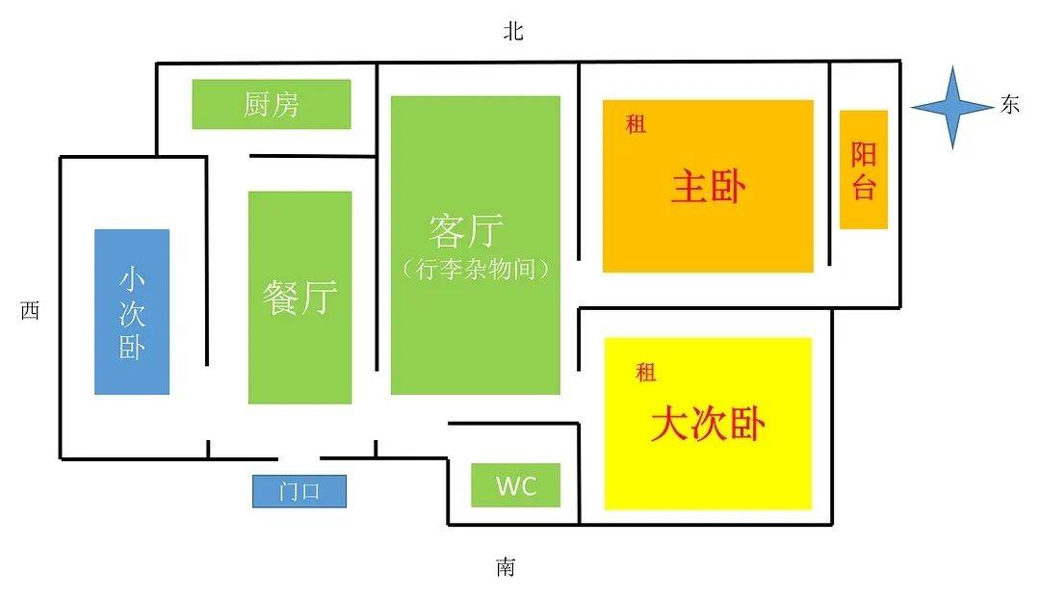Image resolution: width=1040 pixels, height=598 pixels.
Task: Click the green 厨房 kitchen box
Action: (271, 104)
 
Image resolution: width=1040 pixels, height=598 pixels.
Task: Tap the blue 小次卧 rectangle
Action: (132, 311)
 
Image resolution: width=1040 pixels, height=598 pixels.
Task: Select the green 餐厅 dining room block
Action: (299, 297)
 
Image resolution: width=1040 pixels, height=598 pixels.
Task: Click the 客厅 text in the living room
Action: (467, 231)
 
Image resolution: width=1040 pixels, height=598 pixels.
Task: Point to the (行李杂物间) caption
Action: (476, 269)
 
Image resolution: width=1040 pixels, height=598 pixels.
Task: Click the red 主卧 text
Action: (708, 187)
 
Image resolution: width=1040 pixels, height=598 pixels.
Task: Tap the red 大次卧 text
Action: (708, 424)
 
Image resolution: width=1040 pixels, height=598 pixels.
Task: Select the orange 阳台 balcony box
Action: (863, 169)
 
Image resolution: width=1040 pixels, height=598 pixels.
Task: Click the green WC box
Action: (515, 485)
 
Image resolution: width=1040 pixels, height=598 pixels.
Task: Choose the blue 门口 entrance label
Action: (299, 491)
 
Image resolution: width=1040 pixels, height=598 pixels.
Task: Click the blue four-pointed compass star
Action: (951, 107)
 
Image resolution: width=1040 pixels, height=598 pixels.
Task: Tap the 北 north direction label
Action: (512, 32)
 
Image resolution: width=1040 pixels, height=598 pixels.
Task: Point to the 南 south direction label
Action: (506, 567)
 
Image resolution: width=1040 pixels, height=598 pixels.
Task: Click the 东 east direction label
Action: (1009, 106)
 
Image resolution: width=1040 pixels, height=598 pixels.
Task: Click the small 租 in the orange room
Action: (636, 124)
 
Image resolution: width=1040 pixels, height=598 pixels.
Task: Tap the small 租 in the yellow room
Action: (645, 373)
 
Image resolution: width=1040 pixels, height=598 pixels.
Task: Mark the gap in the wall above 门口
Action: (299, 458)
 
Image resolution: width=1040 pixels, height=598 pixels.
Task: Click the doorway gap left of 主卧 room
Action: (579, 284)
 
